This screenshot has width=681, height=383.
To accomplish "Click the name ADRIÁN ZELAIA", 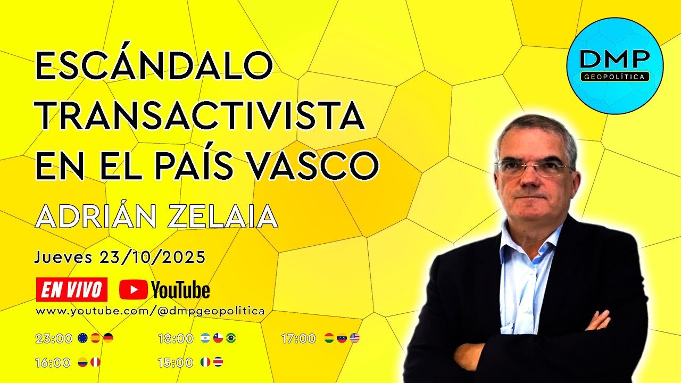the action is pos(156,217).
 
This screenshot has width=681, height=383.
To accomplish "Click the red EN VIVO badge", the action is pos(71,289).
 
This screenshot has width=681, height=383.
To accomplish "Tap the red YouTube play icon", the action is pos(133,290).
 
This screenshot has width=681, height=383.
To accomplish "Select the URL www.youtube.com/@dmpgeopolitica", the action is pos(150,311).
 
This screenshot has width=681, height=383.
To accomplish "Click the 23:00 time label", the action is pos(54,338).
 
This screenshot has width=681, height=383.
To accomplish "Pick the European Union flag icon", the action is pos(82,338).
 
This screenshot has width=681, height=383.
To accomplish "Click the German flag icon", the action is pos(108,338).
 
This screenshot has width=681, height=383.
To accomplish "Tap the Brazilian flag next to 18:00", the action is pos(231,338).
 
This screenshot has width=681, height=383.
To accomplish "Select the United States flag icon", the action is pos(355,338).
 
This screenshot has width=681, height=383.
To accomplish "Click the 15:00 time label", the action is pos(176,363).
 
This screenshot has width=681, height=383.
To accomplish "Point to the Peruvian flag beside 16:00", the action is pos(95,362).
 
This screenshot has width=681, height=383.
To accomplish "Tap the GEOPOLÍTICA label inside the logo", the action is pos(614,77).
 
